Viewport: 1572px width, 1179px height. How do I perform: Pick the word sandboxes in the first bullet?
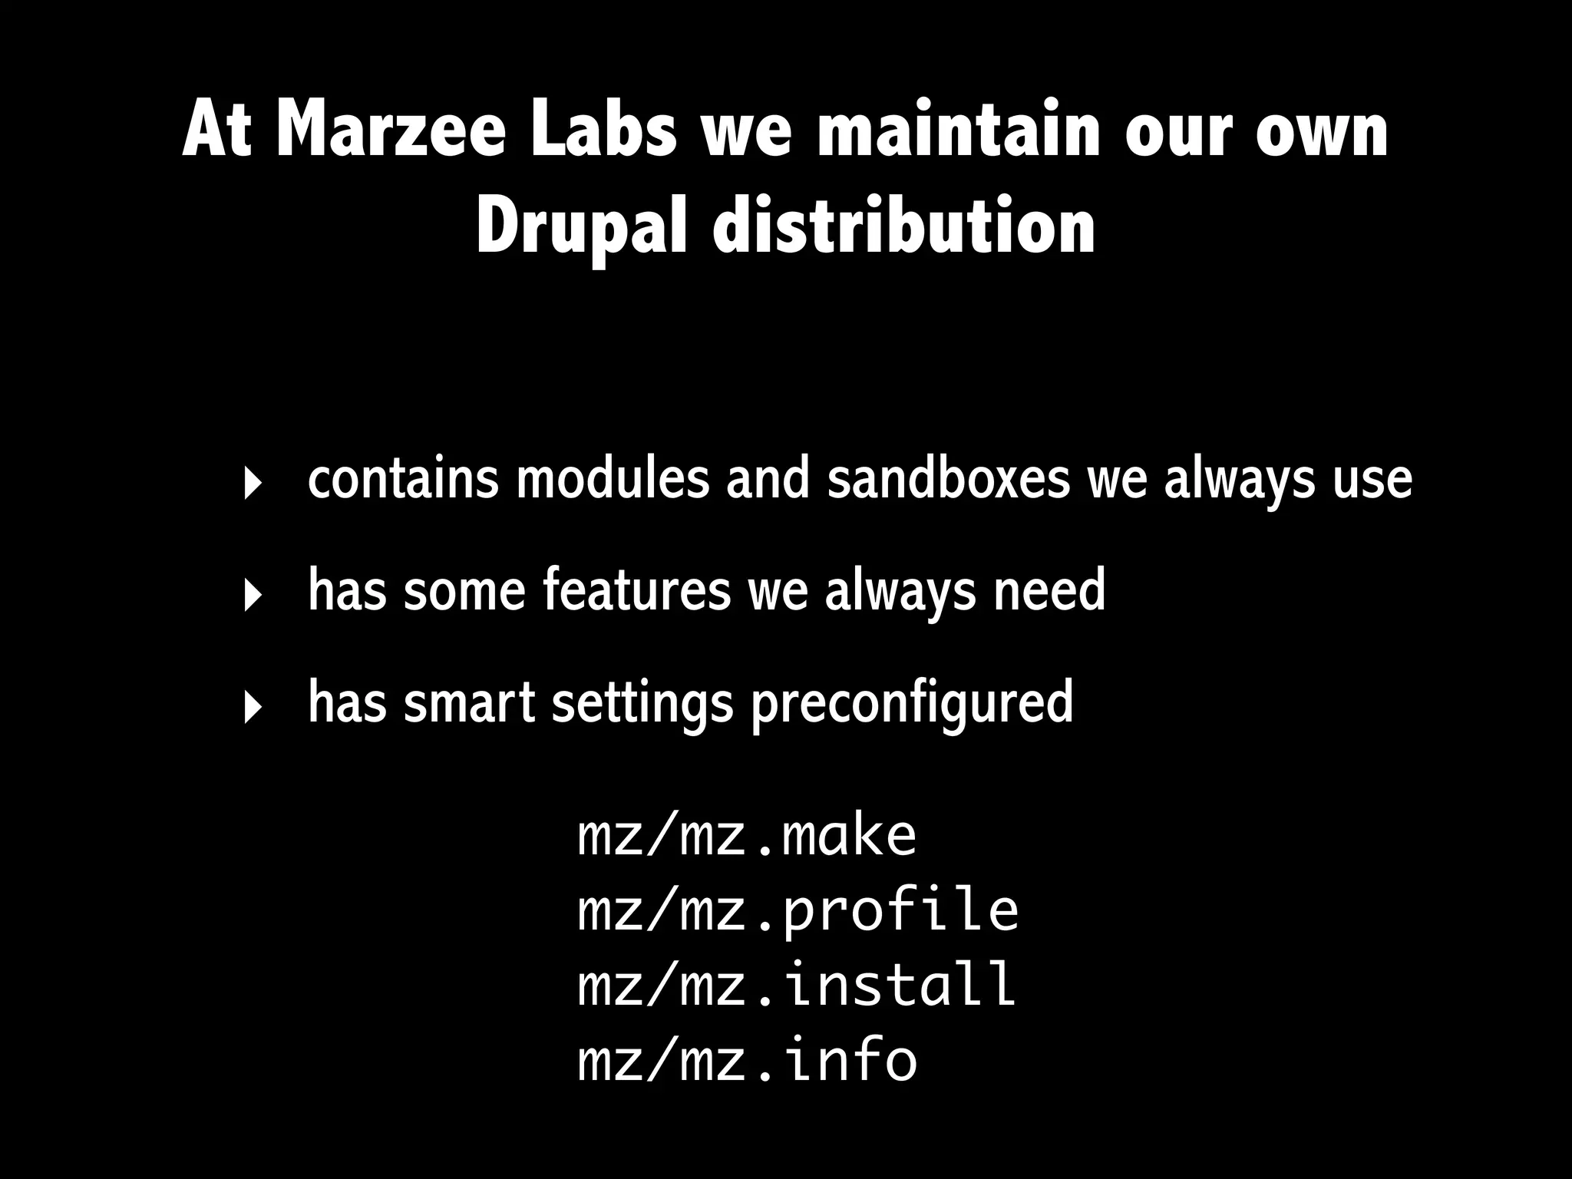[x=948, y=479]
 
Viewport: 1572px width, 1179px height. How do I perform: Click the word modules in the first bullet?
[x=613, y=479]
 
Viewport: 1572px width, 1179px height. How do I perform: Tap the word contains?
[x=403, y=479]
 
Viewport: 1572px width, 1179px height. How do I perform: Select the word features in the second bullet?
[x=636, y=590]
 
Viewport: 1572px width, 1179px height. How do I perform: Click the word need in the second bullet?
[x=1049, y=590]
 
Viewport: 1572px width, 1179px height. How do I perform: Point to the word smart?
[x=469, y=702]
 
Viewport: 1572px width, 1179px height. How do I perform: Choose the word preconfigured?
[x=911, y=702]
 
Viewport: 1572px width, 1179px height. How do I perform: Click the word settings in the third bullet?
[x=642, y=702]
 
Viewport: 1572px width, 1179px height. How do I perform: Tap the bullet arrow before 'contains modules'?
[x=250, y=484]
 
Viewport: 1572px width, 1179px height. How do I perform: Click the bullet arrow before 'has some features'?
[x=250, y=596]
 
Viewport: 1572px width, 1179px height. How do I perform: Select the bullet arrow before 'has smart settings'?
[x=250, y=708]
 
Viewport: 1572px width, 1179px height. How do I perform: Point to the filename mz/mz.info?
[x=747, y=1058]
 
